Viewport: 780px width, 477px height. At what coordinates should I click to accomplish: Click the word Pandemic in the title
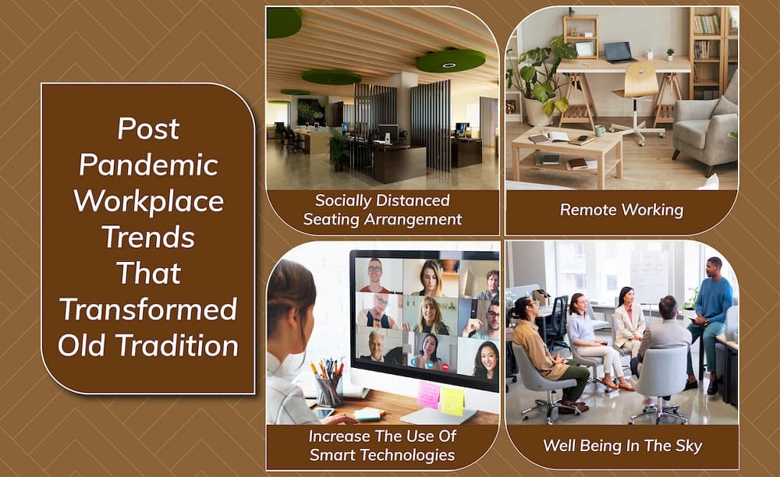(148, 164)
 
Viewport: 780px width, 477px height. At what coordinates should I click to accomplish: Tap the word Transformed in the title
(148, 309)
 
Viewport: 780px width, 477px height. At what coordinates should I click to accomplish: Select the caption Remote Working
(621, 210)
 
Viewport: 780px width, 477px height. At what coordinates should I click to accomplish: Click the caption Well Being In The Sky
(622, 447)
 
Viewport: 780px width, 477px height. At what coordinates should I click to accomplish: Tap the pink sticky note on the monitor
(428, 394)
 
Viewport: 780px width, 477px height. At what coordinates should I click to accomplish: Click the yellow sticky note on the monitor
(452, 400)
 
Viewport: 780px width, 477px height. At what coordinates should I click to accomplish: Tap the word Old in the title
(83, 345)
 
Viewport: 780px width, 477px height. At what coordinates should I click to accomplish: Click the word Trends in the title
(148, 237)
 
